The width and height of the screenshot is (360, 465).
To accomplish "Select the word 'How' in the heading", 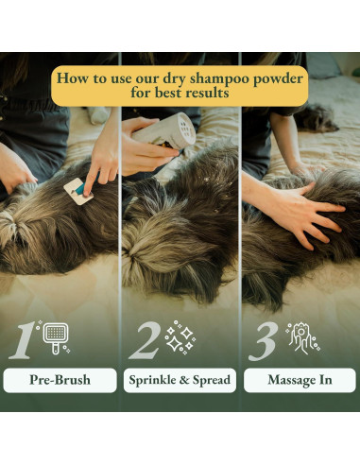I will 74,77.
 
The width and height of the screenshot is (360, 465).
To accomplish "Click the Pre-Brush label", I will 59,380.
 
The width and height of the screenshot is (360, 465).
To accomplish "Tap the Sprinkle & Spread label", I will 180,380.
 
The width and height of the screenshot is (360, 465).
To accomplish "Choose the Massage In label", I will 300,380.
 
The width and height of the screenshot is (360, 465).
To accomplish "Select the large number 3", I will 262,341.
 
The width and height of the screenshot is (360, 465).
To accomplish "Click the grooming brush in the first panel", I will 77,192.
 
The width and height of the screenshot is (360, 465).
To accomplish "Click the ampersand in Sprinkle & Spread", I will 185,380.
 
